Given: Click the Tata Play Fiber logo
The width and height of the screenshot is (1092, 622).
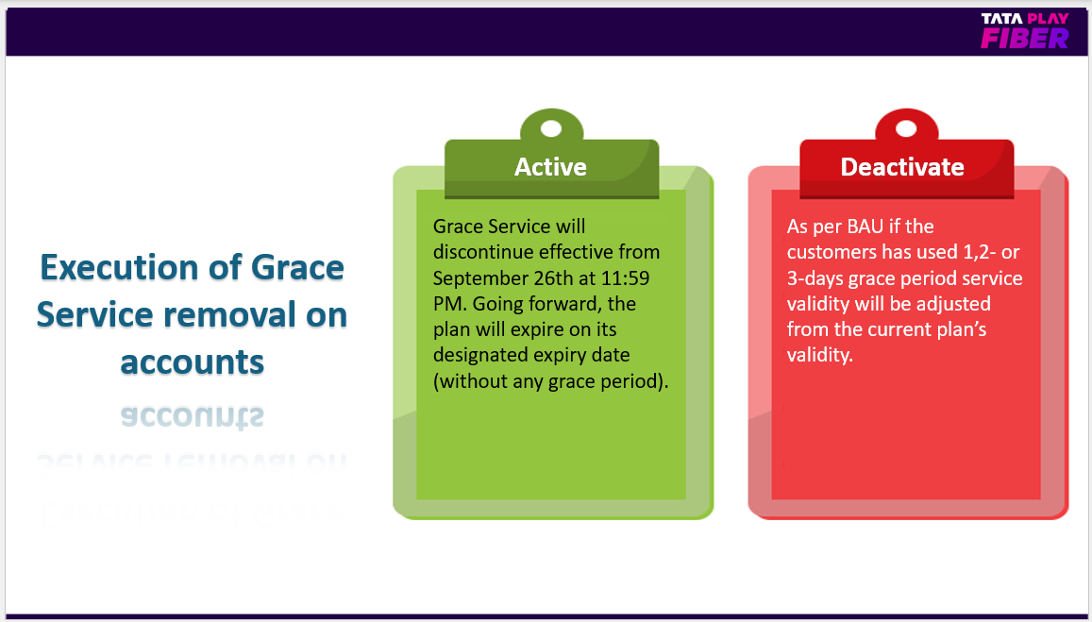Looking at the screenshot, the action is click(x=1024, y=31).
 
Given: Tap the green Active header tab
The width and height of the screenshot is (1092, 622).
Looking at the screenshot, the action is click(x=551, y=168).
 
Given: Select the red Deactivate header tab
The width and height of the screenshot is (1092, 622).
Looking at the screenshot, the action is click(x=906, y=168).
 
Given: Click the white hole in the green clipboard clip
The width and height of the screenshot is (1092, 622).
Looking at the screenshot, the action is click(x=551, y=128).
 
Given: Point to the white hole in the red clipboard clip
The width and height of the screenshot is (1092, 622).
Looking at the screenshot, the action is click(x=906, y=128).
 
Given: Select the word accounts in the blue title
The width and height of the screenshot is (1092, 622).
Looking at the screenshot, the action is click(x=193, y=362).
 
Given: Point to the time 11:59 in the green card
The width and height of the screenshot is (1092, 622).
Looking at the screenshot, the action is click(x=626, y=277).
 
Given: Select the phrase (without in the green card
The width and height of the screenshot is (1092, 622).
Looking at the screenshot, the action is click(x=470, y=381).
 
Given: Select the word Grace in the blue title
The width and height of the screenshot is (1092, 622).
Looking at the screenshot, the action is click(x=297, y=267).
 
